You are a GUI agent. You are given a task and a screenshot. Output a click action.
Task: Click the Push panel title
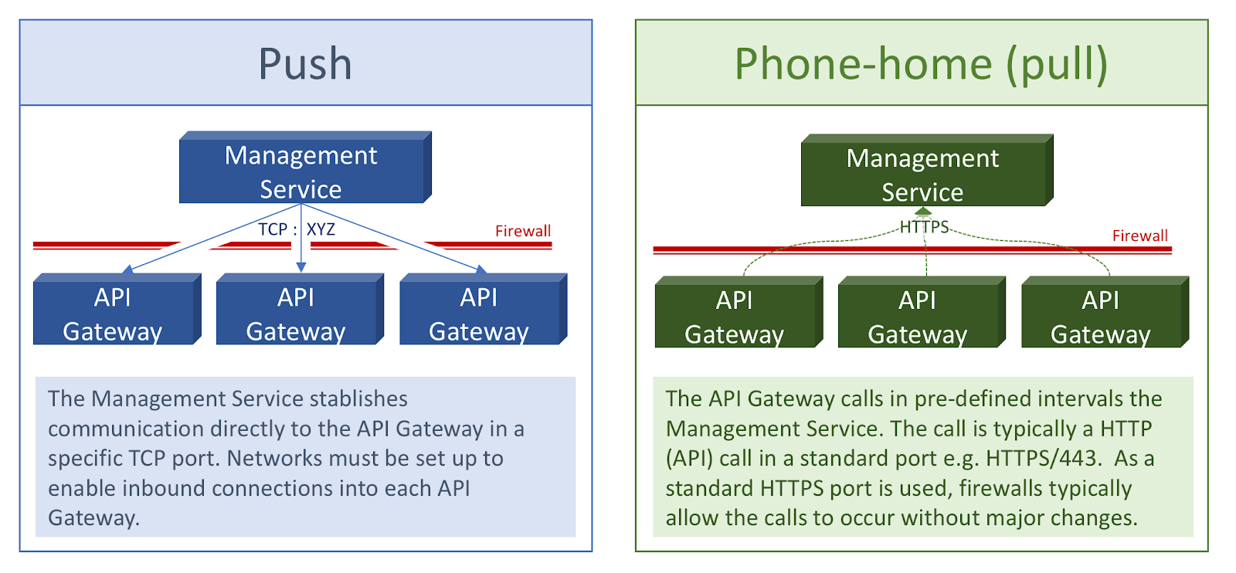[x=305, y=63]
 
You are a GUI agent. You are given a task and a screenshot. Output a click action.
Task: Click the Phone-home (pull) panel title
[x=921, y=63]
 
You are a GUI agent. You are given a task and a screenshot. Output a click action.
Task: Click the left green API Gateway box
[x=735, y=317]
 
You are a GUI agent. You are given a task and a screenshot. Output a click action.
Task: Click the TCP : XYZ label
[x=297, y=229]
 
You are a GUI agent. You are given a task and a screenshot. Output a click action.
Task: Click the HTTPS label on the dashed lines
[x=924, y=227]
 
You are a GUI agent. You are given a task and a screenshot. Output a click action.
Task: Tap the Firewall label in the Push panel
[x=523, y=231]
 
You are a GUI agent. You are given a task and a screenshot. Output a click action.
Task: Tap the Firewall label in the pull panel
[x=1139, y=236]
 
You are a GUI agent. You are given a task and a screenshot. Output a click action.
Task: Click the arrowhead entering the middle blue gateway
[x=301, y=267]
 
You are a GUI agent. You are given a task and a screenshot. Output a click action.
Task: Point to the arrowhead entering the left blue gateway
[x=128, y=269]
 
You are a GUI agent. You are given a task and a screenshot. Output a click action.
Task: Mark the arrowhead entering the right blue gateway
[x=480, y=269]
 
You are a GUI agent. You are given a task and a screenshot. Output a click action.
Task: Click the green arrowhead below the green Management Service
[x=924, y=212]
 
